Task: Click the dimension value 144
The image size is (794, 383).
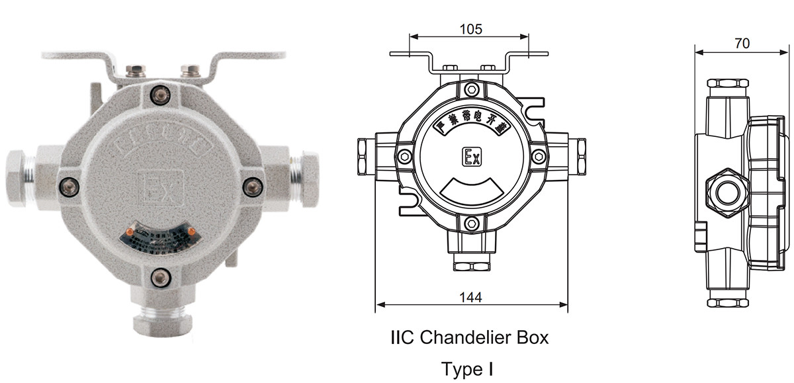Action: click(x=470, y=297)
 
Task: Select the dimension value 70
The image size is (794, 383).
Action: click(x=742, y=44)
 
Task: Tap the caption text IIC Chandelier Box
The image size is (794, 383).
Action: click(x=469, y=337)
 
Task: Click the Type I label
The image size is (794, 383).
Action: click(x=469, y=368)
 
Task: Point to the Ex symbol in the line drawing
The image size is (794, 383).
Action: click(x=471, y=157)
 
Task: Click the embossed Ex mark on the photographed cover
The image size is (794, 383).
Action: click(x=158, y=188)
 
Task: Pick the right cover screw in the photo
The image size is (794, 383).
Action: click(x=251, y=187)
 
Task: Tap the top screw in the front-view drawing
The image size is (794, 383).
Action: click(x=470, y=89)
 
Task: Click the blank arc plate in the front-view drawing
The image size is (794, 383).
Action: click(x=470, y=192)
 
